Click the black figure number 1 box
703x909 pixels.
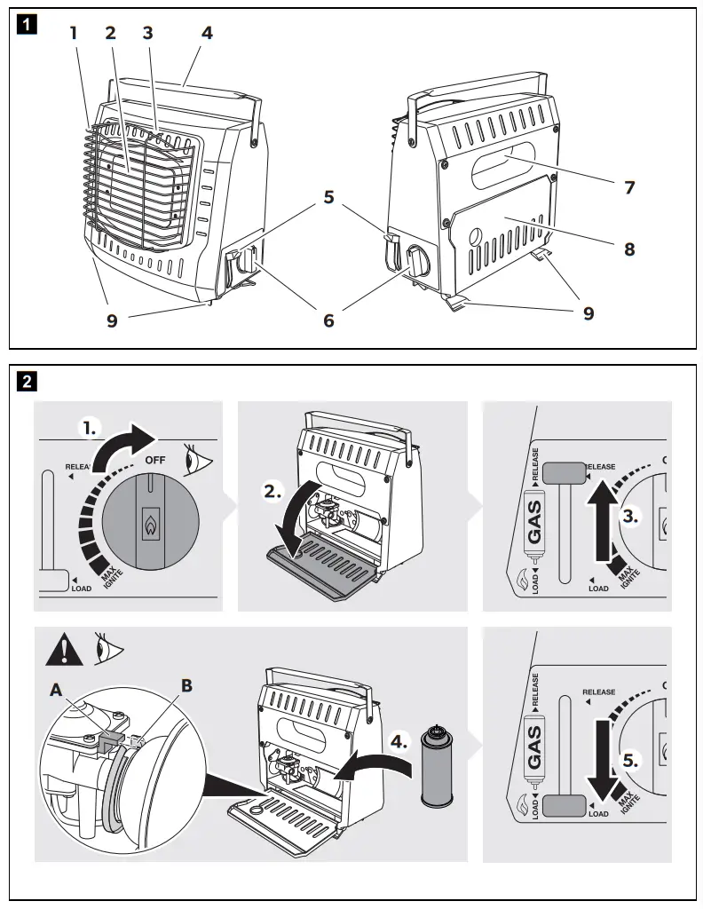28,25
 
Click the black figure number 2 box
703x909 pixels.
28,382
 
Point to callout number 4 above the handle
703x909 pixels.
207,34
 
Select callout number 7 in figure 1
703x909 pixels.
629,187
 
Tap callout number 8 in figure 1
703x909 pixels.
629,249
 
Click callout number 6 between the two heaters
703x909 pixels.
328,320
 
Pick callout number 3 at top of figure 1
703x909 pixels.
148,34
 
